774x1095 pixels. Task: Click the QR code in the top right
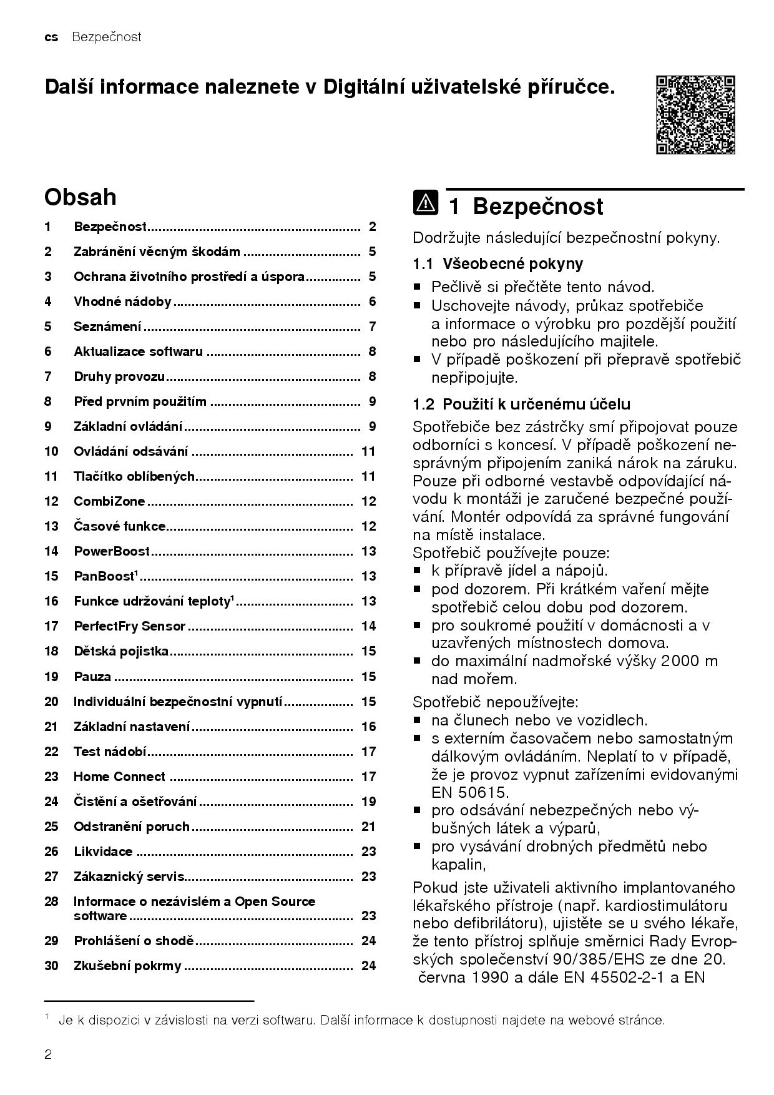click(695, 115)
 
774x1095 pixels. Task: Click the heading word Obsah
click(80, 197)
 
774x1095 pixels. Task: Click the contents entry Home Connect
click(119, 777)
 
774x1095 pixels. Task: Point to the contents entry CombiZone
click(109, 501)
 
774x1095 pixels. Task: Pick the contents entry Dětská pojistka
click(121, 651)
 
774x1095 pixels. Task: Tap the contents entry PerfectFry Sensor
click(129, 626)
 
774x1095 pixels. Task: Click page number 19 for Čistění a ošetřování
click(368, 802)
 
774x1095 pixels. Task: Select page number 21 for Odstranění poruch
click(368, 827)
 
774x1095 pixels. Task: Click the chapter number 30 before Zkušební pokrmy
click(51, 966)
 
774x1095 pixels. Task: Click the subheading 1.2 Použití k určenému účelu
click(521, 404)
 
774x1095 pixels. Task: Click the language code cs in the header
click(51, 37)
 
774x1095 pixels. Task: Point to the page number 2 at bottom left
click(48, 1055)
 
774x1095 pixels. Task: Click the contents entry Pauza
click(92, 677)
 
